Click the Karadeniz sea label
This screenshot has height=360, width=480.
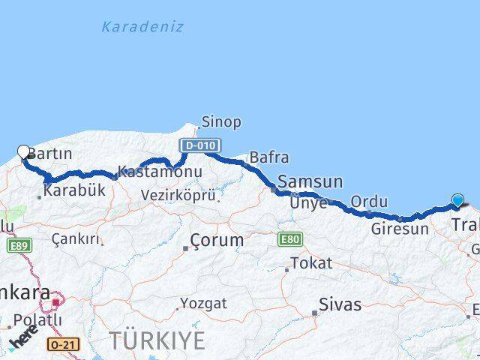[142, 27]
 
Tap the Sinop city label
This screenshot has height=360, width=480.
[220, 121]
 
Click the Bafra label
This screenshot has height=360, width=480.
[269, 157]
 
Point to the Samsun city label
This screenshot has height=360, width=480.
[310, 181]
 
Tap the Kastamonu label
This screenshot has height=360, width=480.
[160, 172]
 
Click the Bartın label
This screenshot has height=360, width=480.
[50, 154]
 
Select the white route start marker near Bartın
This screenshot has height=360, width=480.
[23, 151]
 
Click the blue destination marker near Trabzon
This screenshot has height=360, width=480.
[458, 200]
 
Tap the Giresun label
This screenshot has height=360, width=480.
[399, 229]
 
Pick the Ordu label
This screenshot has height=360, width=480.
[369, 202]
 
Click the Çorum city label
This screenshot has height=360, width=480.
[217, 241]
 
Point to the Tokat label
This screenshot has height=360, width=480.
[310, 263]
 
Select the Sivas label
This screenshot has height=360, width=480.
[340, 305]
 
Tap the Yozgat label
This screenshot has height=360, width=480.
[203, 304]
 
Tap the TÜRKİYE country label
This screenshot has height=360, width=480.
[157, 340]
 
